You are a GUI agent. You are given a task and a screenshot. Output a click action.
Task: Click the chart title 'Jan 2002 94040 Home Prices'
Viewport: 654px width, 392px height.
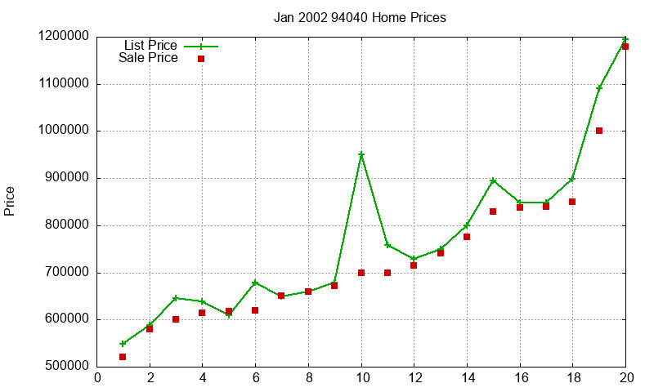[x=360, y=17]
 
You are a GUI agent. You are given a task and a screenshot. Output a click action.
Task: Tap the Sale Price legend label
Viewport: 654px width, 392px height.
[x=148, y=58]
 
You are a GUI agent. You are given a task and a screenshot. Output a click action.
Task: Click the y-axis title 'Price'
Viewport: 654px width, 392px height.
[x=10, y=201]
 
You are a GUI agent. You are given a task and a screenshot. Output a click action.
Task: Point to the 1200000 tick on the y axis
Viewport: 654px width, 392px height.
[x=63, y=37]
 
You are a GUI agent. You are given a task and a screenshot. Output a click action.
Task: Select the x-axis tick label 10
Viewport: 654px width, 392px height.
[x=361, y=377]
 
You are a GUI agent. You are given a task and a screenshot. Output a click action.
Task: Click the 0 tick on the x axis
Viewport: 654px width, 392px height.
[x=98, y=377]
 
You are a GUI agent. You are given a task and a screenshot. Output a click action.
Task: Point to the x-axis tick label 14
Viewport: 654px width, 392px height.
[x=467, y=377]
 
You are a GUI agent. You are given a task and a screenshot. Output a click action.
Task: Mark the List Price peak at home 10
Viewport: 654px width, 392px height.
[x=361, y=154]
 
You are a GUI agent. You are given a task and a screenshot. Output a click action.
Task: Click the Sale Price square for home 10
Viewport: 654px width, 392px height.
[x=361, y=273]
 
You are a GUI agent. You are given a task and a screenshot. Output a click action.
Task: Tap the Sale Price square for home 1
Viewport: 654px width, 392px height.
[x=123, y=357]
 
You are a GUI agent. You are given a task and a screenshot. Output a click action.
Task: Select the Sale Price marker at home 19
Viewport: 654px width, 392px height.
[x=599, y=131]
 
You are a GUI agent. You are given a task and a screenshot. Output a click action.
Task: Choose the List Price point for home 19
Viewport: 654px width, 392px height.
[x=599, y=87]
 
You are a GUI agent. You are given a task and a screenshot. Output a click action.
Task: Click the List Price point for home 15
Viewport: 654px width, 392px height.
[x=493, y=180]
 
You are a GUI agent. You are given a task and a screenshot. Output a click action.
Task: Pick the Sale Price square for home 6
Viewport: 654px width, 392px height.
[x=255, y=310]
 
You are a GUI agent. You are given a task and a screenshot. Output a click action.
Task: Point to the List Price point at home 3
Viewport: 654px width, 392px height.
[x=176, y=298]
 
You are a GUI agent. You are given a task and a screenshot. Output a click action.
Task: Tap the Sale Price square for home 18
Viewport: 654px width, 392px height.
[x=572, y=202]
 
